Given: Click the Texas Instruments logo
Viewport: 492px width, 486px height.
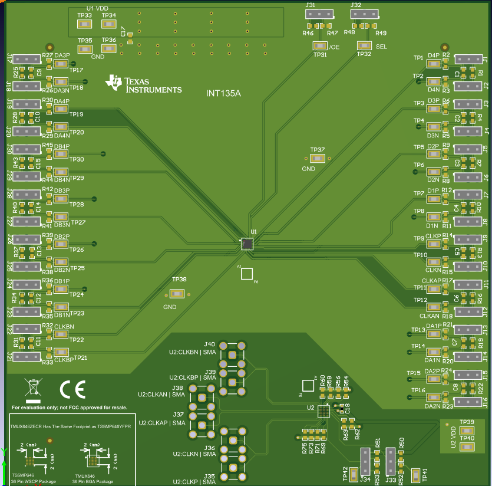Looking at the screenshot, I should point(143,84).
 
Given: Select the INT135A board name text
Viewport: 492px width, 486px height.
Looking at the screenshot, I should point(223,93).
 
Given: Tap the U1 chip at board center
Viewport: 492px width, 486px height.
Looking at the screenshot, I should point(247,244).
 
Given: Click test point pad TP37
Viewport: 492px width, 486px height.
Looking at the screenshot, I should point(318,159).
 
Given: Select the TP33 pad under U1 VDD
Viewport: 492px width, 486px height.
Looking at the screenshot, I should point(84,24).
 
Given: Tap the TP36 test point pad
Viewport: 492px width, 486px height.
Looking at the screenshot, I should point(108,49).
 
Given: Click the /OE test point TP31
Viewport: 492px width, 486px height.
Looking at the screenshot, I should point(320,45).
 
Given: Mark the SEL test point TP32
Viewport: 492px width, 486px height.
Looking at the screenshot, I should point(364,45).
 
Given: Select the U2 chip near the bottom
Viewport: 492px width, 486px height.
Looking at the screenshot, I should point(323,411).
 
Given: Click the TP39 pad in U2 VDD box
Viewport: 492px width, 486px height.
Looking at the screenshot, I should point(467,429).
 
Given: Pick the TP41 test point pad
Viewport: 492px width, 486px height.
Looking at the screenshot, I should point(415,475).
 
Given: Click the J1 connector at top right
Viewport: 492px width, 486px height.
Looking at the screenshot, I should point(471,59).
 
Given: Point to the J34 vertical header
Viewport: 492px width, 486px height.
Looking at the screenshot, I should point(365,460).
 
